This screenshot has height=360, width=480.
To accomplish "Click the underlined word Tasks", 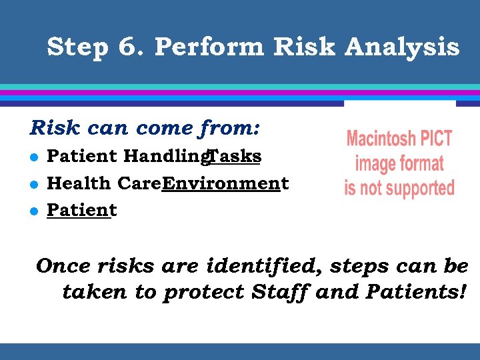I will (x=234, y=156).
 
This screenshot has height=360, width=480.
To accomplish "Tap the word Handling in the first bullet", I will (x=166, y=157).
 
